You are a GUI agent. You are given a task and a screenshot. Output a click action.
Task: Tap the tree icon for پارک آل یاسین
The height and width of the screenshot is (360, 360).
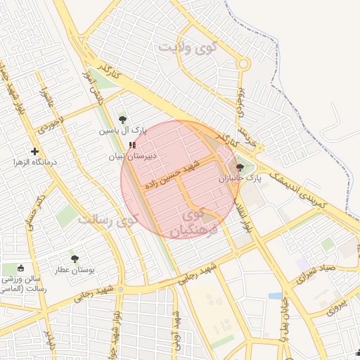point(123,120)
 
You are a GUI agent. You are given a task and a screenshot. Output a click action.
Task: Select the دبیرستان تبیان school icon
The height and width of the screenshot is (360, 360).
point(133,145)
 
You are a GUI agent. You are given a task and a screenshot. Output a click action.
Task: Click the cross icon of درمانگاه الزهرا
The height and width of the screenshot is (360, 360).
point(34,151)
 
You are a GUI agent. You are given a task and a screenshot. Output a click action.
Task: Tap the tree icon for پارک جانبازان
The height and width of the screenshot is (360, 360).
point(241,167)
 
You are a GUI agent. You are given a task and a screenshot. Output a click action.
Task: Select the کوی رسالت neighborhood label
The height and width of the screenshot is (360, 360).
point(105,221)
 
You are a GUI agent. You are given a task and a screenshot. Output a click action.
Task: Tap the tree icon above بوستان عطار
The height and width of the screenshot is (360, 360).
point(75,259)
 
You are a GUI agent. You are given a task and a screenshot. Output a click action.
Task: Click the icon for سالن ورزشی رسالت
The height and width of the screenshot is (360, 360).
point(20,268)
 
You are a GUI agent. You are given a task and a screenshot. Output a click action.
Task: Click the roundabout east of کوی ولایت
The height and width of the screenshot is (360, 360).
point(243,63)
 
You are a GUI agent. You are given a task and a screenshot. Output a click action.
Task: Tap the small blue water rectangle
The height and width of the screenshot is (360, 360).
point(275,296)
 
